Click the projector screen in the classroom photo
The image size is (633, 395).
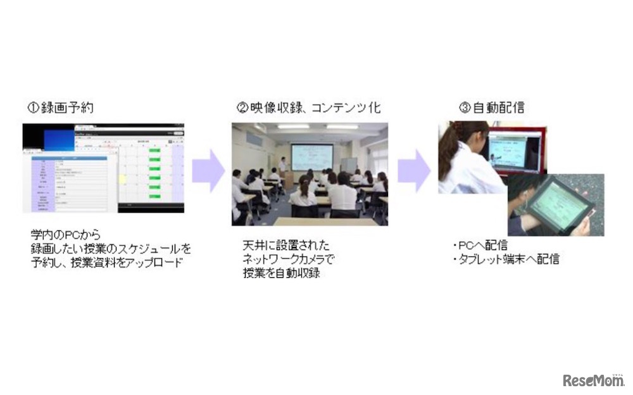click(x=311, y=156)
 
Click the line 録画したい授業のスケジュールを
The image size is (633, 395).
click(x=111, y=248)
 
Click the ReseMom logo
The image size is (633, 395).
click(x=593, y=380)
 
